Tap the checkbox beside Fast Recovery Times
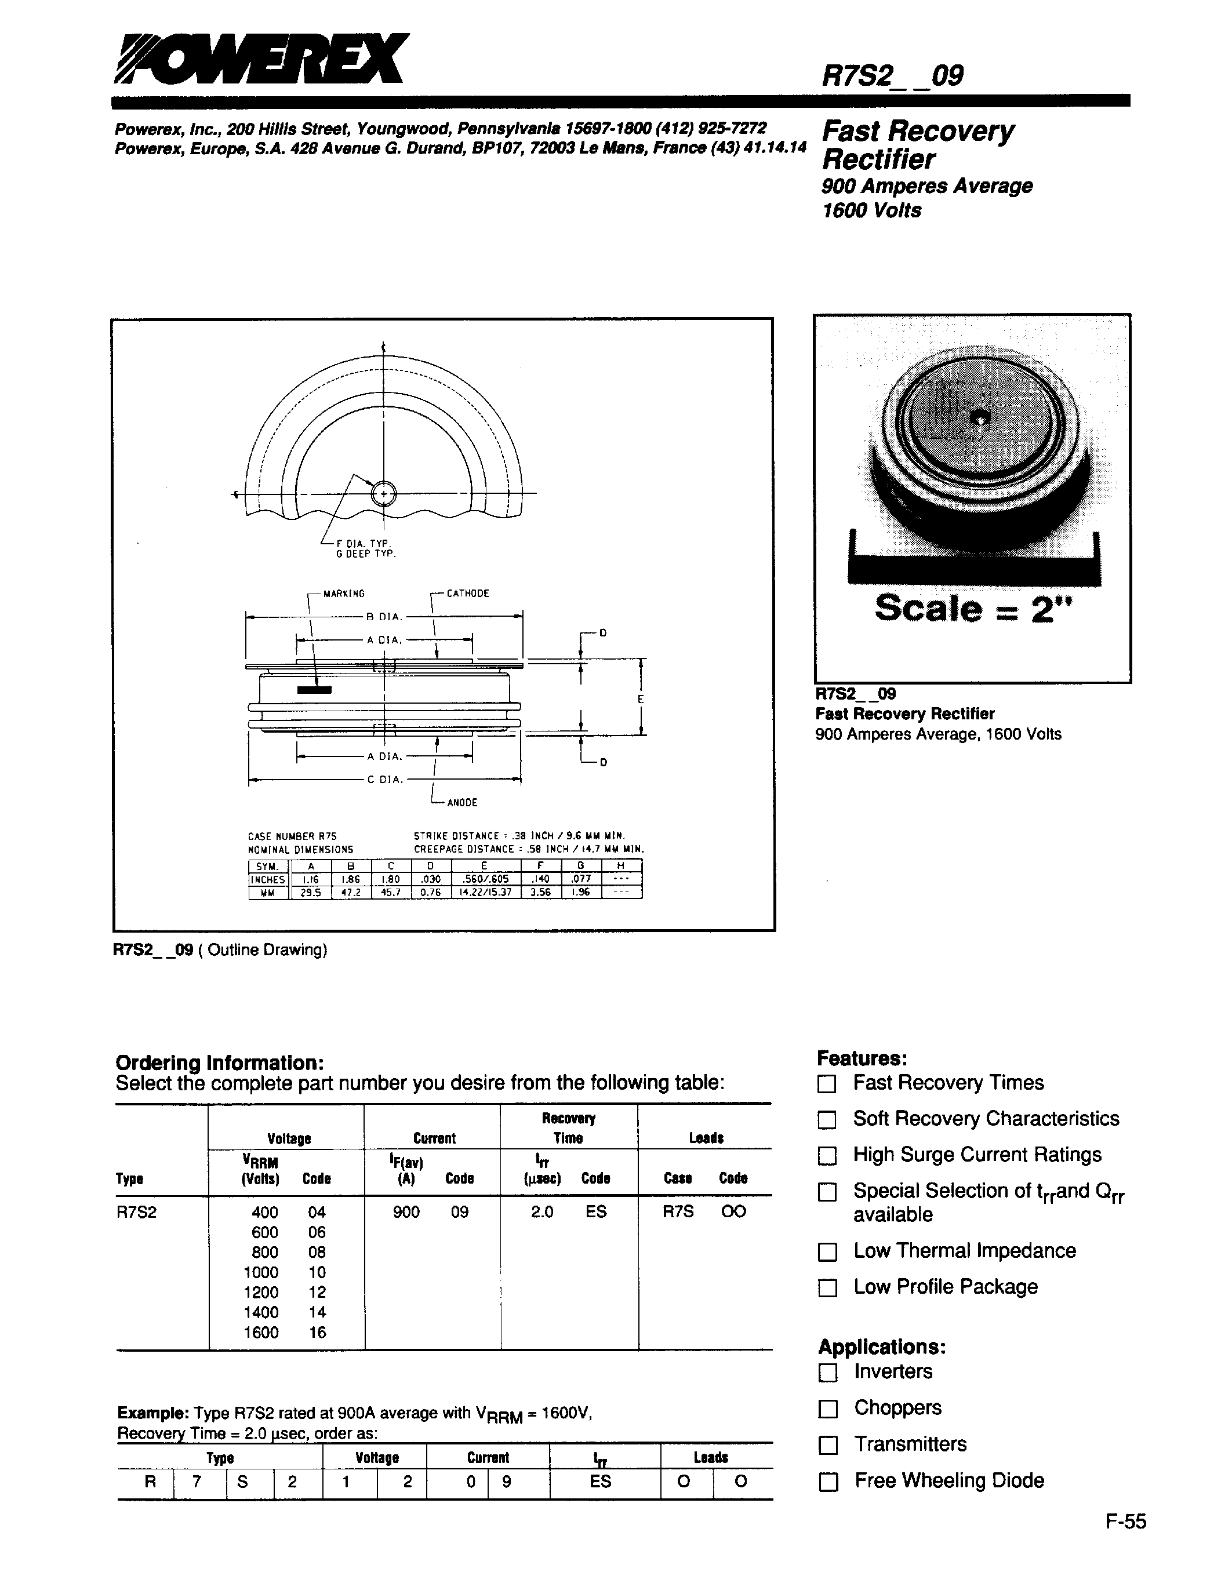tap(826, 1084)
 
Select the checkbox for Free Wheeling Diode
tap(828, 1482)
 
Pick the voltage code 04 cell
tap(317, 1212)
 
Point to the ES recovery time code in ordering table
tap(597, 1211)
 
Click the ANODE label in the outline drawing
tap(462, 803)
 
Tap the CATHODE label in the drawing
tap(468, 594)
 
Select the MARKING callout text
tap(344, 594)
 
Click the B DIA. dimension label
tap(384, 617)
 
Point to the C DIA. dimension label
tap(384, 780)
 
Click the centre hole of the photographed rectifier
tap(982, 419)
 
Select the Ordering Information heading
tap(219, 1062)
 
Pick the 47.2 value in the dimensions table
tap(351, 892)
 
